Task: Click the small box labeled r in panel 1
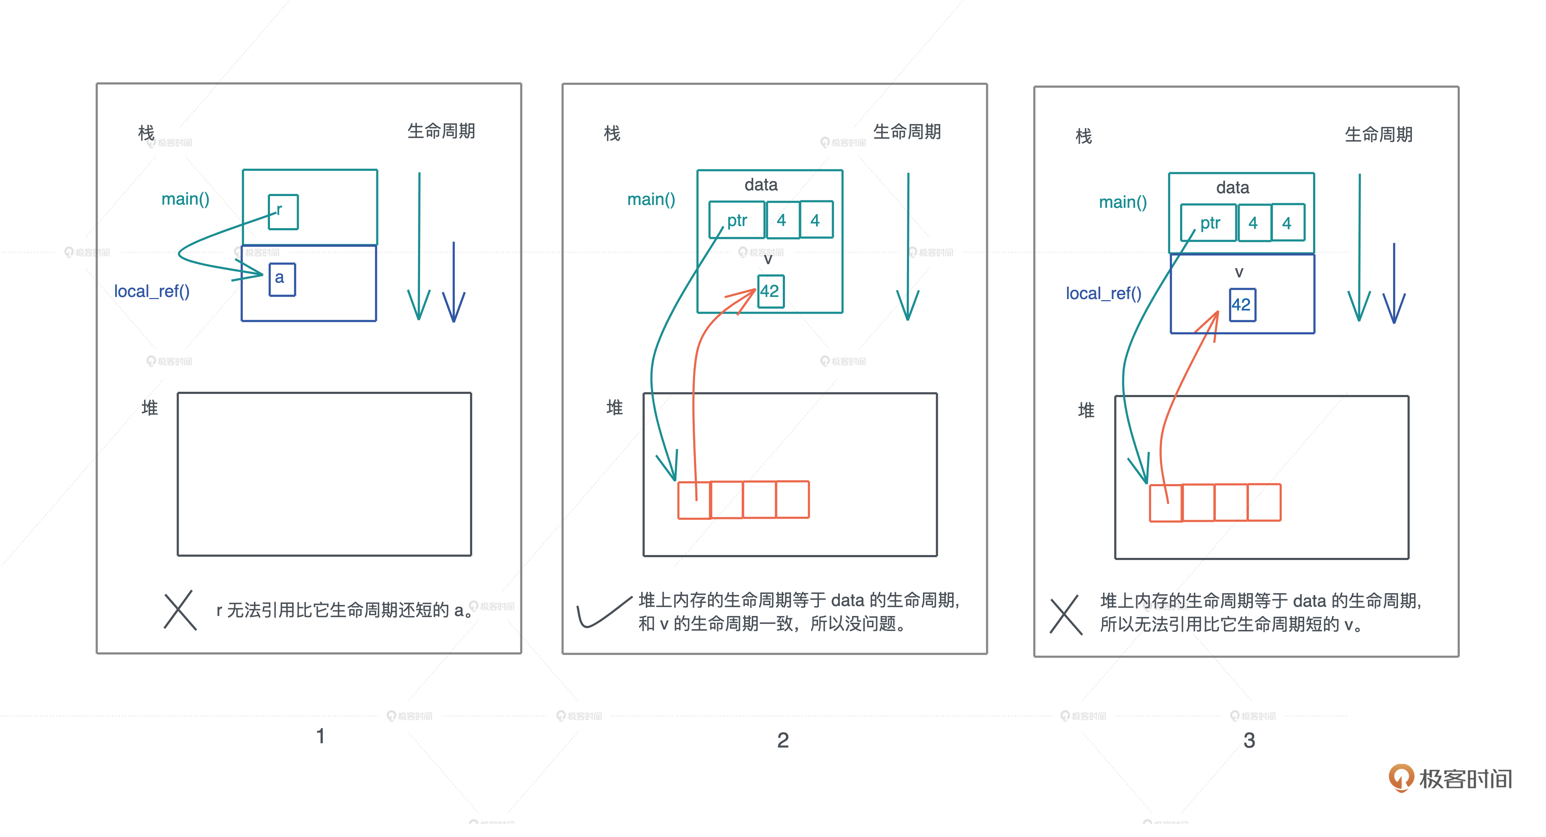click(x=283, y=212)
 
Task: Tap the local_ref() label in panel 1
click(x=152, y=292)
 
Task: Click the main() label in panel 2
click(x=651, y=199)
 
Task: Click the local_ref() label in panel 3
click(x=1103, y=293)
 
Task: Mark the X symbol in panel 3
click(x=1066, y=615)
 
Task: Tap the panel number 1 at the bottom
click(x=321, y=736)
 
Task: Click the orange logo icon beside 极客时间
click(x=1401, y=777)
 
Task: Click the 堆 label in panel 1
click(x=149, y=408)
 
